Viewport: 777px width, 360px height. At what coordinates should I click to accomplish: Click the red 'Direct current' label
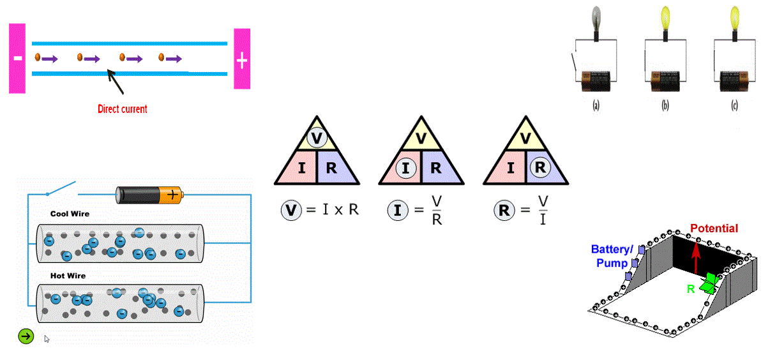click(123, 109)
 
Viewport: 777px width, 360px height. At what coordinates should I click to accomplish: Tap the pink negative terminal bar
click(17, 58)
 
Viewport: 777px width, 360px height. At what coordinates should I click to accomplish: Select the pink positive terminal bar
click(242, 59)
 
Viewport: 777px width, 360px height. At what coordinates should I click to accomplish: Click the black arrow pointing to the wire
click(115, 82)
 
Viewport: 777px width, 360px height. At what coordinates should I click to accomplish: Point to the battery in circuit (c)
click(734, 81)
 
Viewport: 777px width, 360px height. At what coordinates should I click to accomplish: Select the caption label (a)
click(596, 105)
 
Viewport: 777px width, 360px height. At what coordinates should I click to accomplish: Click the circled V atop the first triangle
click(317, 138)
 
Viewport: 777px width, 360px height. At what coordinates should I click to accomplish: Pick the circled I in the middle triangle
click(405, 169)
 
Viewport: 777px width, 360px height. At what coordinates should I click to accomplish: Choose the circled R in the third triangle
click(540, 167)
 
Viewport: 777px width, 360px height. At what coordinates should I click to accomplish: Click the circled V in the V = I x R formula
click(291, 210)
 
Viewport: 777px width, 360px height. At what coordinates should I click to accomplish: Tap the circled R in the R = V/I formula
click(504, 210)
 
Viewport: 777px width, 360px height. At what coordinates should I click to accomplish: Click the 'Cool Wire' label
click(70, 214)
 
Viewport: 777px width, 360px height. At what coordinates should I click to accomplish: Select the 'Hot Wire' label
click(68, 276)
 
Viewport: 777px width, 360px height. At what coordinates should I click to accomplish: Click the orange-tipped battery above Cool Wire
click(149, 195)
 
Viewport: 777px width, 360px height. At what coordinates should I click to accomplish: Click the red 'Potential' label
click(714, 229)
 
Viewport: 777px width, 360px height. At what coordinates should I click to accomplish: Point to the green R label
click(691, 289)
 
